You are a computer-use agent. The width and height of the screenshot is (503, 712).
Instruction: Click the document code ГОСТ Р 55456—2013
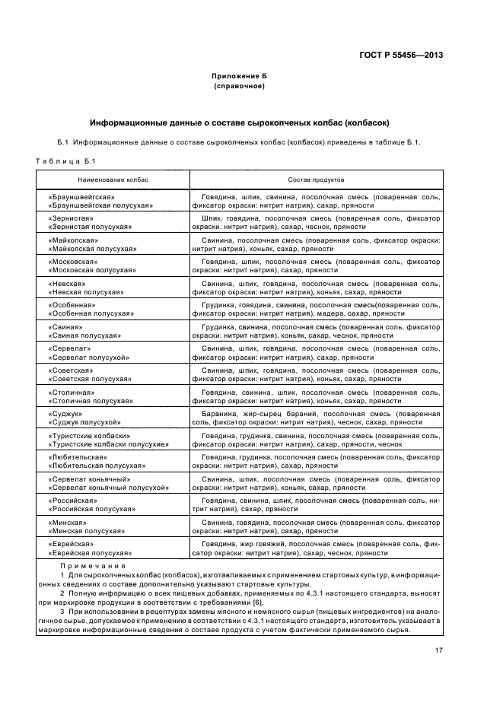coord(401,55)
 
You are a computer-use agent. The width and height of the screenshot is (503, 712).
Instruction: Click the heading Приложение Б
coord(239,77)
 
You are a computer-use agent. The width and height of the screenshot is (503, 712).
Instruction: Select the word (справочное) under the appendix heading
coord(239,86)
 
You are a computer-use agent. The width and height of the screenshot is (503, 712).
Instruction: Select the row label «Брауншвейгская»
coord(81,196)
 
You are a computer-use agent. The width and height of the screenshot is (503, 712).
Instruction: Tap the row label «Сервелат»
coord(70,348)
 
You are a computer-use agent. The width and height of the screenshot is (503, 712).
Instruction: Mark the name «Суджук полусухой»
coord(84,421)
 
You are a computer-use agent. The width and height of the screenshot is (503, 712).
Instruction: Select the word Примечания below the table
coord(93,566)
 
